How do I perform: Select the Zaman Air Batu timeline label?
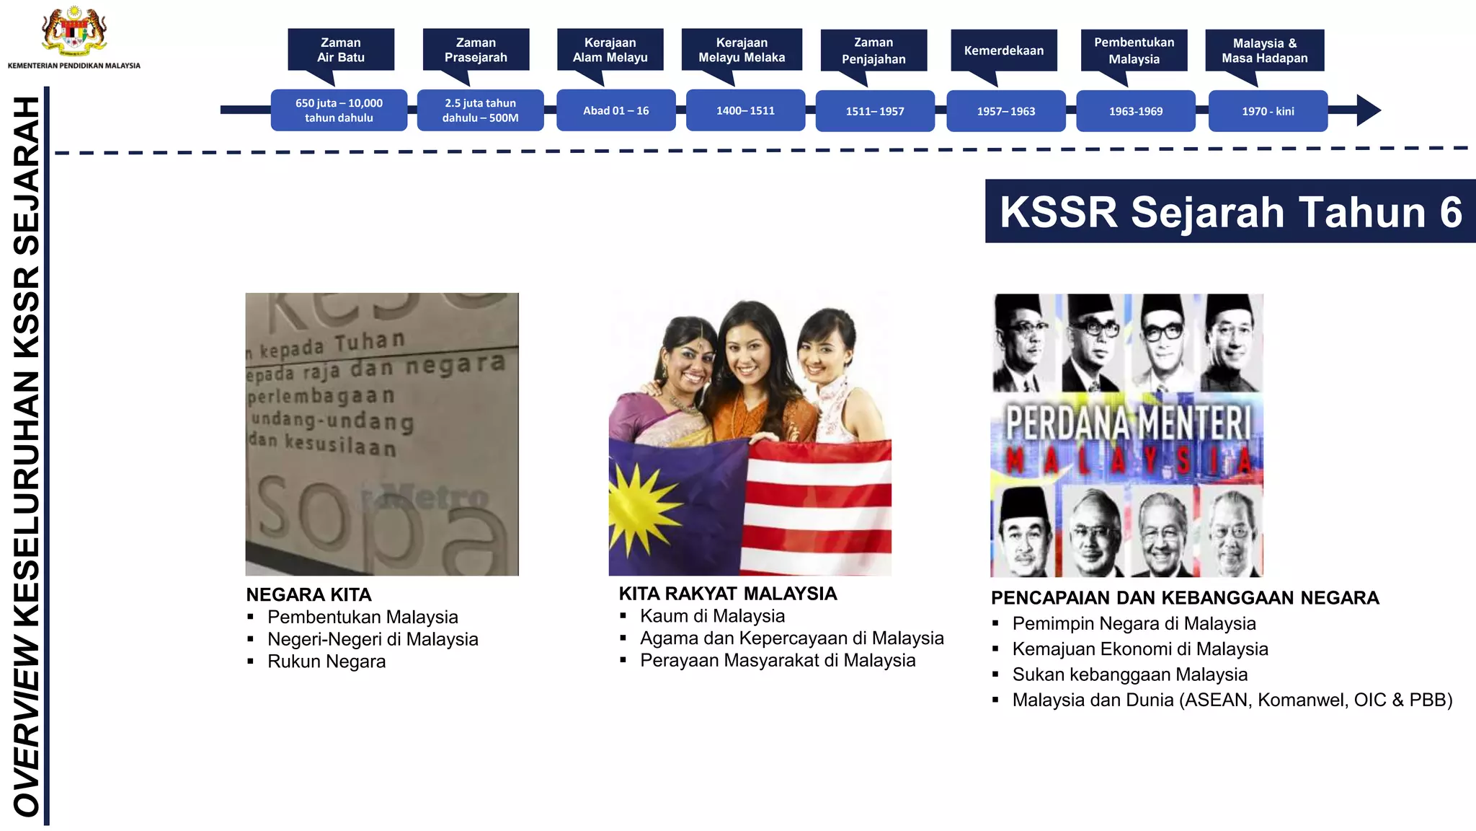click(341, 50)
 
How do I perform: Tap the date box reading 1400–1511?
click(745, 110)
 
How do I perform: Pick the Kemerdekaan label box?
click(1003, 50)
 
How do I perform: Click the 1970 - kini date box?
click(1268, 111)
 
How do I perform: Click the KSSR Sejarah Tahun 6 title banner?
click(1230, 211)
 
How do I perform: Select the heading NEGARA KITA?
click(308, 594)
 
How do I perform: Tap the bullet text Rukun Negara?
click(326, 661)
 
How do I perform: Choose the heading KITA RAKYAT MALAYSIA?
click(728, 594)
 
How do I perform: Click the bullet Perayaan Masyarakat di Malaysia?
click(778, 660)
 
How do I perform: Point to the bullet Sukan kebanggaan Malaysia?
click(1129, 674)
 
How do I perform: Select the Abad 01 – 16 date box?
click(615, 110)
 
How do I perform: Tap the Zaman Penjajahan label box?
click(873, 50)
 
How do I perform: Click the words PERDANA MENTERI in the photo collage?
click(1128, 423)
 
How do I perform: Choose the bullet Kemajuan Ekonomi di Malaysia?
click(1139, 649)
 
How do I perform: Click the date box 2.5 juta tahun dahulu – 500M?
click(480, 110)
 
